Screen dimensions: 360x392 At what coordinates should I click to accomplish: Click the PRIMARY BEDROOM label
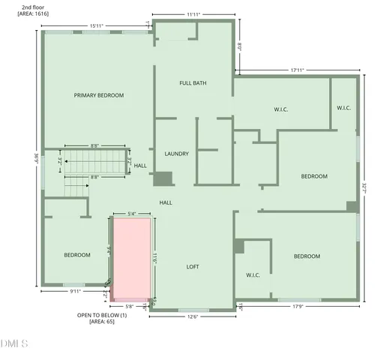[x=98, y=95]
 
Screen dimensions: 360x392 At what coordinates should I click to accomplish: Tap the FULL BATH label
[x=193, y=82]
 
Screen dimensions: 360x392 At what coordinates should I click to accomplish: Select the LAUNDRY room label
[x=176, y=154]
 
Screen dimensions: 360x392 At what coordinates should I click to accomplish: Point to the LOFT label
[x=193, y=266]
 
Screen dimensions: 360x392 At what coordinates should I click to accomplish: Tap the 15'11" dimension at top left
[x=96, y=26]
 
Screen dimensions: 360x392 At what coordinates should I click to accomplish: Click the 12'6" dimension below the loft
[x=193, y=316]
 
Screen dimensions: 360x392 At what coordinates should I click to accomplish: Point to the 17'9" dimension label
[x=298, y=305]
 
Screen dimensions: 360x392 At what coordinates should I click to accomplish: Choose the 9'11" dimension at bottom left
[x=76, y=291]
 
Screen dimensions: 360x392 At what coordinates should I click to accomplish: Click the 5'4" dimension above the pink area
[x=132, y=214]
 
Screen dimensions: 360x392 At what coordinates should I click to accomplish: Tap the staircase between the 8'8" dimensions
[x=92, y=160]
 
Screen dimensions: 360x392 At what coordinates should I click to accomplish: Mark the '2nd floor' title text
[x=32, y=7]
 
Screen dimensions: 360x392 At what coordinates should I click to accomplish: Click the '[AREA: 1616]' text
[x=32, y=14]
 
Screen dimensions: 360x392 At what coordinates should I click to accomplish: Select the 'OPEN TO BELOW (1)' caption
[x=102, y=315]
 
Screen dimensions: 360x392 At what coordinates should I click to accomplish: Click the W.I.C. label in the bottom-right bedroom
[x=253, y=275]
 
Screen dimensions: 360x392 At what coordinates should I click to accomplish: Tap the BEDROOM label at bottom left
[x=76, y=255]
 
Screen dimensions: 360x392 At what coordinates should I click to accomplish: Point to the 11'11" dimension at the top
[x=193, y=13]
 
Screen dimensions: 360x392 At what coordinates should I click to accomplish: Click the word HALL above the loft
[x=166, y=202]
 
